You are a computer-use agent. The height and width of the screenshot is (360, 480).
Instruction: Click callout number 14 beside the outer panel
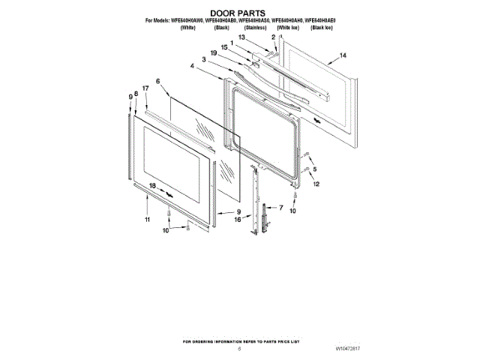pyautogui.click(x=343, y=55)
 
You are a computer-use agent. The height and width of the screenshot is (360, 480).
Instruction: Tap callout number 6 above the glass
pyautogui.click(x=158, y=81)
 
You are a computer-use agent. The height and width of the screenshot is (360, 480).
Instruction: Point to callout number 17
pyautogui.click(x=145, y=88)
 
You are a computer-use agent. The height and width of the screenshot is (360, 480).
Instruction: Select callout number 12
pyautogui.click(x=316, y=184)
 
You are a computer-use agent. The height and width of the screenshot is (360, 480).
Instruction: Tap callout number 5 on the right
pyautogui.click(x=315, y=169)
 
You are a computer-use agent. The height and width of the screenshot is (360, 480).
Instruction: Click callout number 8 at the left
pyautogui.click(x=136, y=94)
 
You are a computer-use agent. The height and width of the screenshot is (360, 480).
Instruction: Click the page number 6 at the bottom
pyautogui.click(x=239, y=348)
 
